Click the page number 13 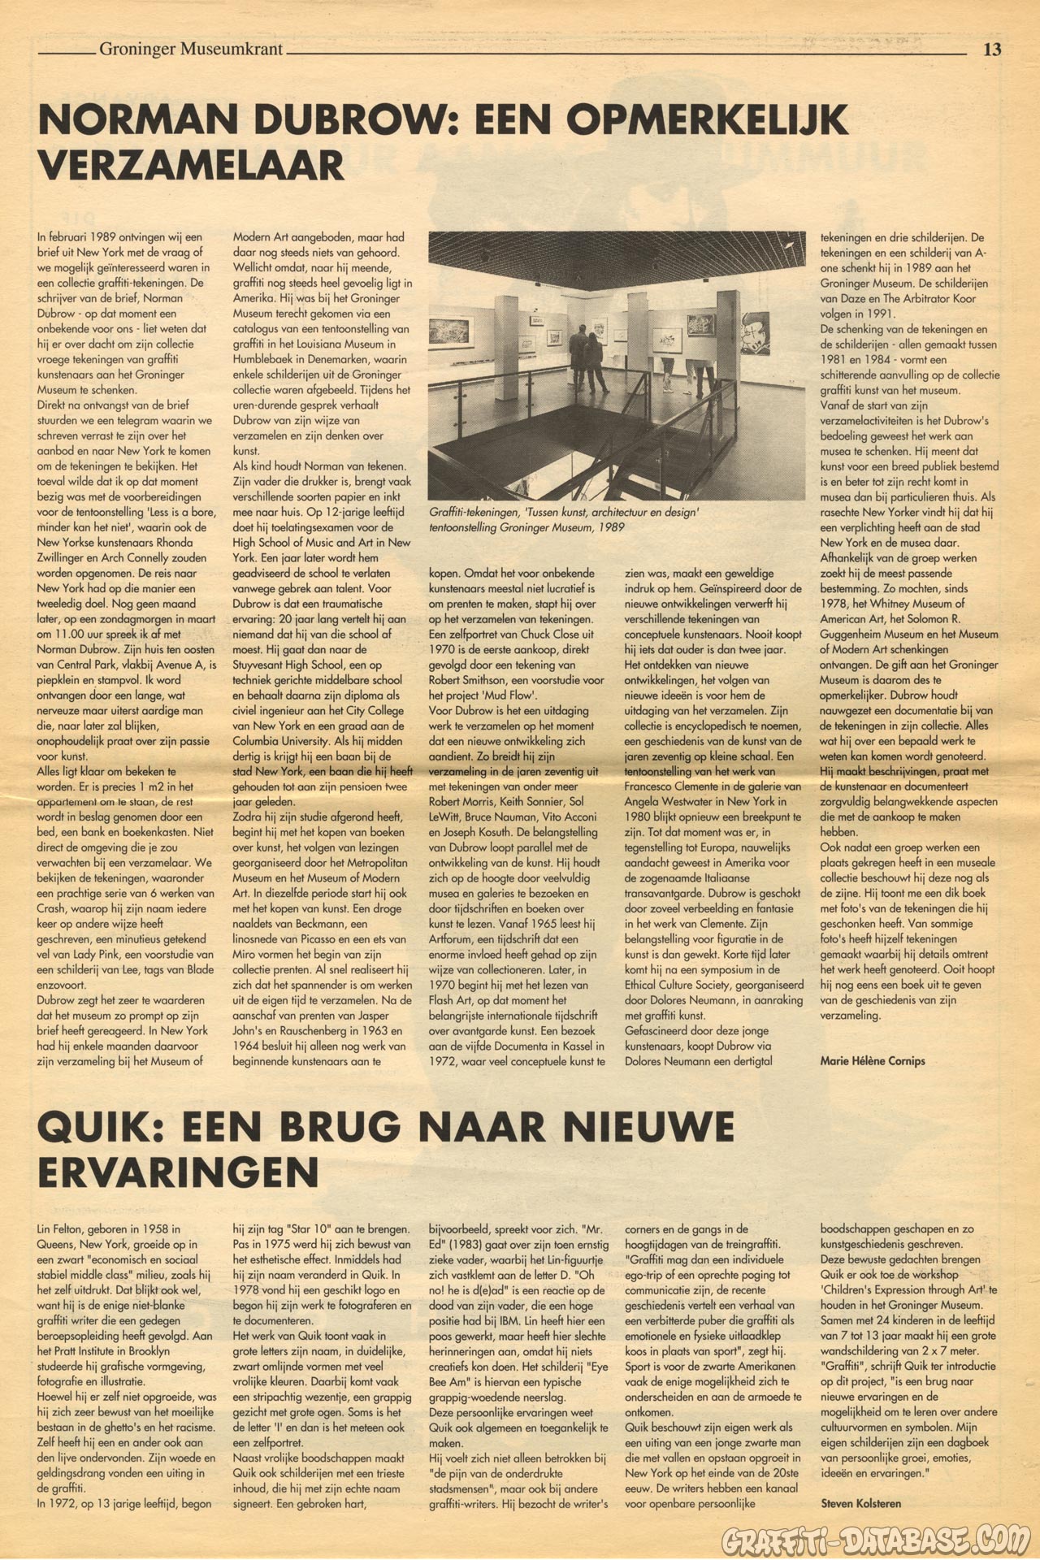[x=991, y=50]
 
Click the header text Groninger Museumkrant [x=191, y=50]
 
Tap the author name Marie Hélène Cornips [x=872, y=1060]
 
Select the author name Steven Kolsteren [x=860, y=1503]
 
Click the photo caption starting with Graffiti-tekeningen [x=564, y=520]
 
